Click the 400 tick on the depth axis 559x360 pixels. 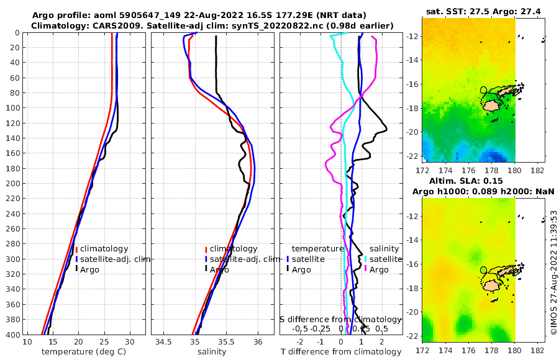(12, 334)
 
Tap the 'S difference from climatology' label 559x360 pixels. (340, 319)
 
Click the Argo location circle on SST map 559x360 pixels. (484, 90)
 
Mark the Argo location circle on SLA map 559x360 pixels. (484, 270)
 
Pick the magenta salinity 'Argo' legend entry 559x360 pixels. (379, 269)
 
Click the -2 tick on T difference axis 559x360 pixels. (301, 343)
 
